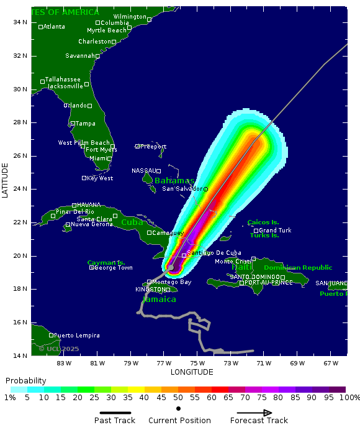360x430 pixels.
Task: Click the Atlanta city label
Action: (x=54, y=26)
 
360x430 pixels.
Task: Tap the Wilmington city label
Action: (x=130, y=16)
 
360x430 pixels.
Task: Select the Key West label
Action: (x=100, y=178)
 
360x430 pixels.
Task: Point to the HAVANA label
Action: (x=89, y=205)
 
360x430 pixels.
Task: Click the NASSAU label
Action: (x=143, y=171)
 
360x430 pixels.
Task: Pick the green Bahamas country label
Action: (x=174, y=181)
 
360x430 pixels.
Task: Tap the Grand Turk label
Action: (x=275, y=231)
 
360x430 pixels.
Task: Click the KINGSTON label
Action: (x=150, y=290)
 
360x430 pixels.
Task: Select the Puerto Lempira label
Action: (x=76, y=336)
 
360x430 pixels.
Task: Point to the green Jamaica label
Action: (x=160, y=300)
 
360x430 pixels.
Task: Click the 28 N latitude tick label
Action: (x=19, y=122)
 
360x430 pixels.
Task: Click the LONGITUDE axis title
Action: (x=192, y=372)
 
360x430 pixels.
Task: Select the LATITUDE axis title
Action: (x=6, y=181)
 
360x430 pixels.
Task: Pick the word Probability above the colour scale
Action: (x=26, y=380)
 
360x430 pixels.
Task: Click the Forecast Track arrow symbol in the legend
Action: (x=254, y=413)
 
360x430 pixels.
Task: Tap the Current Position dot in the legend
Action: (x=179, y=409)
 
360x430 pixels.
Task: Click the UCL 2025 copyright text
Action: (x=59, y=349)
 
